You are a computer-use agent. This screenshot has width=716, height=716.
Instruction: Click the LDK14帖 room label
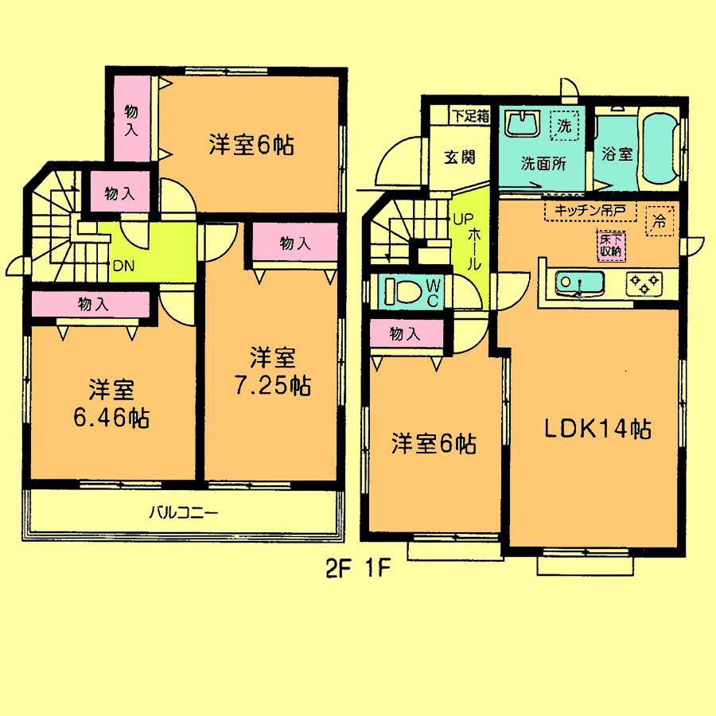(x=597, y=430)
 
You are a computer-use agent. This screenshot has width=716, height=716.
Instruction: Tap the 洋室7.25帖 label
(x=272, y=372)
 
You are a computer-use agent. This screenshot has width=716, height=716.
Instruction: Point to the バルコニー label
(x=183, y=513)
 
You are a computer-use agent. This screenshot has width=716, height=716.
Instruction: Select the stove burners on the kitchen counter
(x=643, y=282)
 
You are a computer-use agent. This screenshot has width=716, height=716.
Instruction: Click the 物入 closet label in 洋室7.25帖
(x=294, y=244)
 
